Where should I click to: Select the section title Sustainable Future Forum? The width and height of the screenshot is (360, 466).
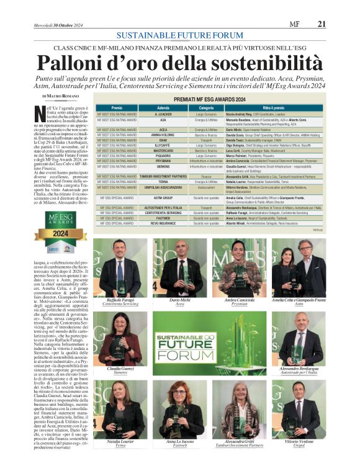179,35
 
